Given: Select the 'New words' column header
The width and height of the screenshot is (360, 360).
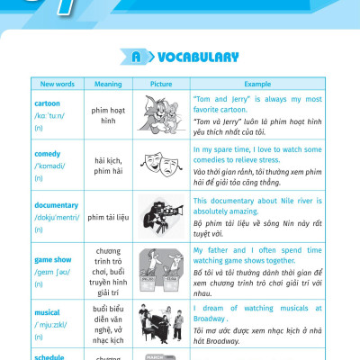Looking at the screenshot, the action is (x=58, y=84).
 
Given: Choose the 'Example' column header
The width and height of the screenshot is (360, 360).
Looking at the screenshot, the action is (x=256, y=84).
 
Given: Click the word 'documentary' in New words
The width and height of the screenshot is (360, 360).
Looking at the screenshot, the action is (x=56, y=204).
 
